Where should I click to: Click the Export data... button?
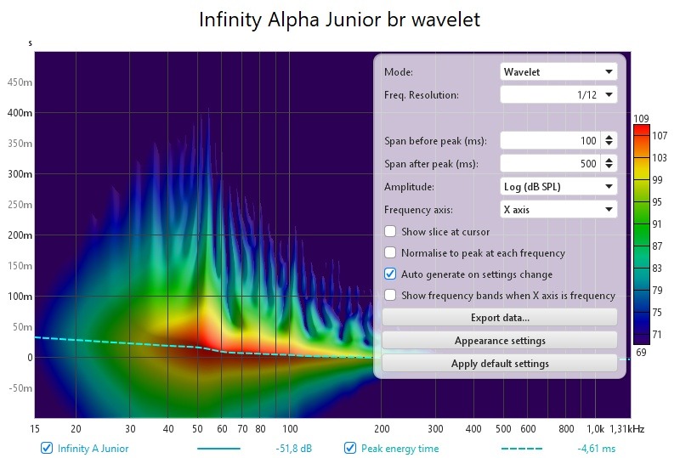500,318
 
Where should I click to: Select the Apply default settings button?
500,364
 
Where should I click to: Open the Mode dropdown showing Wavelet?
558,72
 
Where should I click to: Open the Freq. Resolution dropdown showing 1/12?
558,95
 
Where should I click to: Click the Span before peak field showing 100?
550,140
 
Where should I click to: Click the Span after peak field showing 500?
550,163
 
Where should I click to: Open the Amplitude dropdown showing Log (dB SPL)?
558,186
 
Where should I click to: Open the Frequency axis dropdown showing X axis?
558,210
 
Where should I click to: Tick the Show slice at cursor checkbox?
390,231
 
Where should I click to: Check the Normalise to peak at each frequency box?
390,252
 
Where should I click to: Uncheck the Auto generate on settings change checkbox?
390,274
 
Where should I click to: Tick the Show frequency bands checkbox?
390,295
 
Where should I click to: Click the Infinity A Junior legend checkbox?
47,448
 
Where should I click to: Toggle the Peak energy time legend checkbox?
350,448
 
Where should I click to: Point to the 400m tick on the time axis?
20,113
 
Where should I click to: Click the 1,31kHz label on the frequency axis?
626,429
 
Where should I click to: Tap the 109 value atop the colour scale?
641,118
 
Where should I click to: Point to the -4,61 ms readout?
597,449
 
